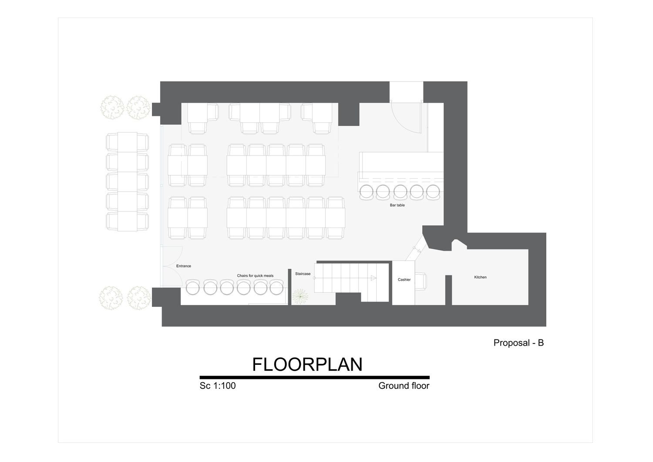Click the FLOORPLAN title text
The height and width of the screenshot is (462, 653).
tap(307, 364)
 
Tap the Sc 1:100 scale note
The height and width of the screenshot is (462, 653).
tap(218, 386)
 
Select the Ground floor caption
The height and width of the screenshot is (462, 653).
tap(404, 386)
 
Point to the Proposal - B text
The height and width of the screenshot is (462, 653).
tap(518, 343)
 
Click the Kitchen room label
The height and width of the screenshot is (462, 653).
tap(480, 277)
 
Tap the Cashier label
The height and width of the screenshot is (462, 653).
tap(404, 279)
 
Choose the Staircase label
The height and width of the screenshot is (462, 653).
tap(303, 274)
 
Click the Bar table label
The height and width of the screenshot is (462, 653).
tap(397, 205)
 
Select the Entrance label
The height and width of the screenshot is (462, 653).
tap(184, 266)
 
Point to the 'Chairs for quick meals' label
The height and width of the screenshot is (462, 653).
tap(255, 275)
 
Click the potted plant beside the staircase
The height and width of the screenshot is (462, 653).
tap(300, 296)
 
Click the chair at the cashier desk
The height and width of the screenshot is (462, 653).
tap(421, 282)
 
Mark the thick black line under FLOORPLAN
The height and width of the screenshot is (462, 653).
tap(315, 377)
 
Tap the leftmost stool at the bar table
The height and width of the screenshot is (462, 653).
tap(367, 192)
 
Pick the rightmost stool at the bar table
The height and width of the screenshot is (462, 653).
tap(433, 192)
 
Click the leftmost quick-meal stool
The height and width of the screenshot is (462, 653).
tap(193, 287)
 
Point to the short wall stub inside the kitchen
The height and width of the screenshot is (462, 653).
tap(448, 290)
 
